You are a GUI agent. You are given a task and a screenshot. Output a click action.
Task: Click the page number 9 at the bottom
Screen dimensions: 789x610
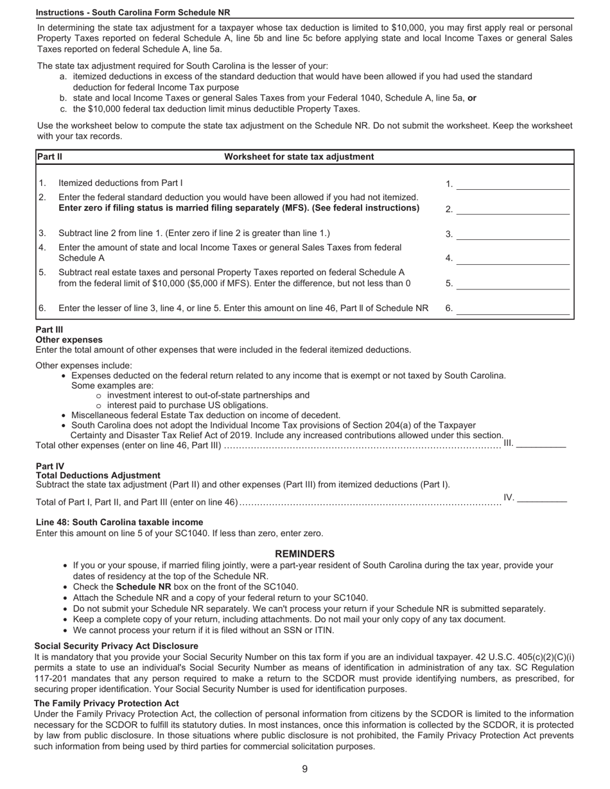tap(305, 769)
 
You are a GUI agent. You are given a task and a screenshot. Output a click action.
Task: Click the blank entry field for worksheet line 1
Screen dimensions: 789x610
tap(512, 185)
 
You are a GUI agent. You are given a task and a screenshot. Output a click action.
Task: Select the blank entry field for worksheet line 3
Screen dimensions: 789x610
tap(512, 234)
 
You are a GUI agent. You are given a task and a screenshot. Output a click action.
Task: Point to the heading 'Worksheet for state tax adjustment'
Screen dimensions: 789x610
tap(299, 157)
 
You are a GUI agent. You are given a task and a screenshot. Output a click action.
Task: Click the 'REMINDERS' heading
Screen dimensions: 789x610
tap(305, 554)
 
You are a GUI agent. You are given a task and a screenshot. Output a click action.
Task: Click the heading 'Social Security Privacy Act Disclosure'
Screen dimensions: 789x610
tap(116, 646)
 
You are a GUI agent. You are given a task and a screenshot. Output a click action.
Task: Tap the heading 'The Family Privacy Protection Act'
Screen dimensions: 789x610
tap(107, 703)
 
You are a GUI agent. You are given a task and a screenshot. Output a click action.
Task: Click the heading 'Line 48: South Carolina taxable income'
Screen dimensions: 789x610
tap(119, 522)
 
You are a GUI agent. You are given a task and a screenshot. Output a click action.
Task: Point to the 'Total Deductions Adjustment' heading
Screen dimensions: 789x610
tap(98, 475)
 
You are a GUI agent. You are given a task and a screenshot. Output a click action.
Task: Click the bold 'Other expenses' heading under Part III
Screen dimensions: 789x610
tap(69, 339)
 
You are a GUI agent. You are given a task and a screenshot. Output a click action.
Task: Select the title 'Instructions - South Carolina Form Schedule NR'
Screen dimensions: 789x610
tap(133, 12)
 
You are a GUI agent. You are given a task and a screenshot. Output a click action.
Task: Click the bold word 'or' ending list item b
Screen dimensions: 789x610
tap(472, 98)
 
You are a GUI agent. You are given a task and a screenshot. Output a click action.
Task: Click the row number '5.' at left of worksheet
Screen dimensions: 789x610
tap(42, 272)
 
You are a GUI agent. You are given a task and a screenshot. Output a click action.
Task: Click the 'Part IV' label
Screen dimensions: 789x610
tap(50, 466)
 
